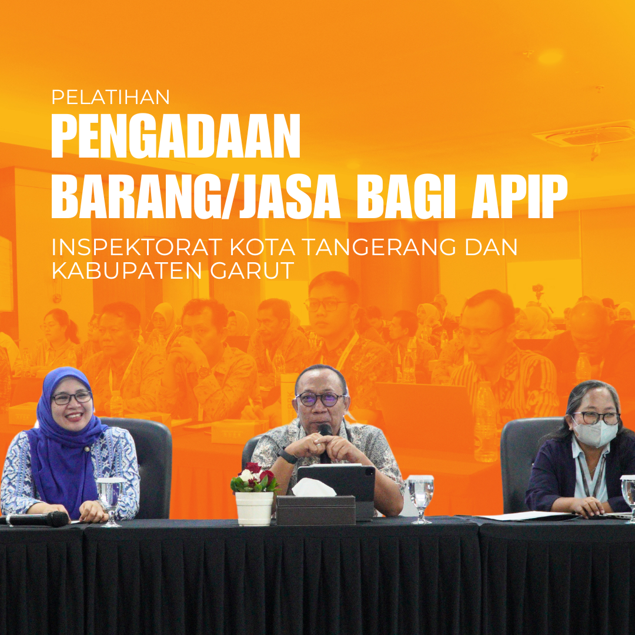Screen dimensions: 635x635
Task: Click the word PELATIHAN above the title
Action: (x=110, y=96)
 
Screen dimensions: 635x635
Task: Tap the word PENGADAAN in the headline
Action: (x=175, y=136)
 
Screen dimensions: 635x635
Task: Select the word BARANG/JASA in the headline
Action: (x=196, y=196)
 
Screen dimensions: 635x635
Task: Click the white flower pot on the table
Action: (x=254, y=508)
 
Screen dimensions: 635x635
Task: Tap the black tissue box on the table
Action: (x=316, y=509)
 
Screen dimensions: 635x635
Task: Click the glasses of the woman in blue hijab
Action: (x=72, y=398)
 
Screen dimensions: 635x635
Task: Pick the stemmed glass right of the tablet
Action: (x=420, y=497)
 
